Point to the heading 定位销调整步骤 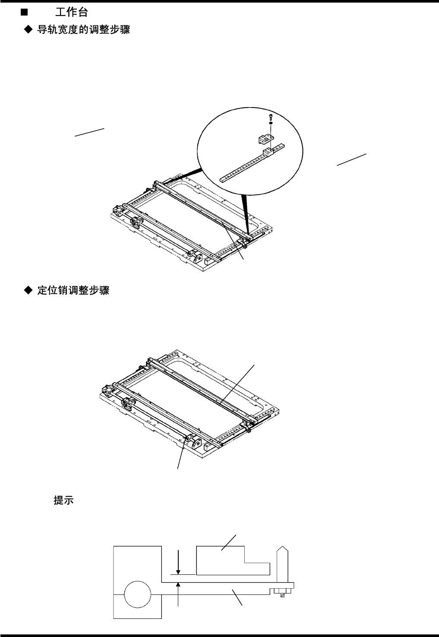click(73, 291)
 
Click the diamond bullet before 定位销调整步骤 click(28, 291)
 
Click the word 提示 click(63, 501)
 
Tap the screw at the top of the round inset click(270, 116)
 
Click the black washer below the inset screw click(270, 123)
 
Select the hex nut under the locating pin click(282, 590)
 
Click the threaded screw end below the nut click(282, 596)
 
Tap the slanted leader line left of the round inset click(90, 132)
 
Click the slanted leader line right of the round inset click(351, 159)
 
